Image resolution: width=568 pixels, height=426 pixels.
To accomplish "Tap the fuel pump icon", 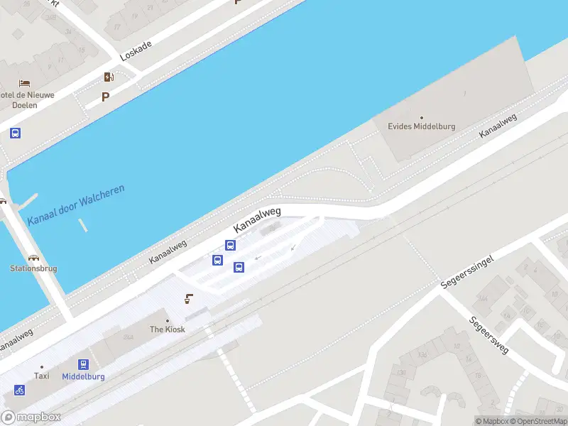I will (x=109, y=77).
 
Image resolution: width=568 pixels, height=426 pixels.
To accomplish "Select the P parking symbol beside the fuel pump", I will (x=106, y=97).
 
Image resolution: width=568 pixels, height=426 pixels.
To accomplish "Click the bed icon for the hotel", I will (x=25, y=84).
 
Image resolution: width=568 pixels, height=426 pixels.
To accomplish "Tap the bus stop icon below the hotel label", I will (x=15, y=133).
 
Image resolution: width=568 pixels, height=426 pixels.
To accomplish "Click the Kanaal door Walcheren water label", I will (x=76, y=205).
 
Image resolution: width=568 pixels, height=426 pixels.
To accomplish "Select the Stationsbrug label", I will (x=33, y=268).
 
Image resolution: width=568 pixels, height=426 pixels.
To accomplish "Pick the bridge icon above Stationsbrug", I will (x=33, y=257).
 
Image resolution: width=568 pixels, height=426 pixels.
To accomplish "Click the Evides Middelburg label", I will (x=421, y=126).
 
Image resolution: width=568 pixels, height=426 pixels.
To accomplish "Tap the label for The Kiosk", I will (x=167, y=329).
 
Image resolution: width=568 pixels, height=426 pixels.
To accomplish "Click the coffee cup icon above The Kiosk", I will (x=189, y=299).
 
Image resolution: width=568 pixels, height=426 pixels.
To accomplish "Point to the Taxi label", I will (x=41, y=376).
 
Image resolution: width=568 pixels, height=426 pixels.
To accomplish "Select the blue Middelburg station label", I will (x=84, y=376).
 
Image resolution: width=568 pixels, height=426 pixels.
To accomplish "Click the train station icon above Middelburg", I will (x=84, y=364).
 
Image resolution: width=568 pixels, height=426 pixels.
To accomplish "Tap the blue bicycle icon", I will (x=19, y=390).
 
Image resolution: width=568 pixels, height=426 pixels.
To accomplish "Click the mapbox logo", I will (x=31, y=417).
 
